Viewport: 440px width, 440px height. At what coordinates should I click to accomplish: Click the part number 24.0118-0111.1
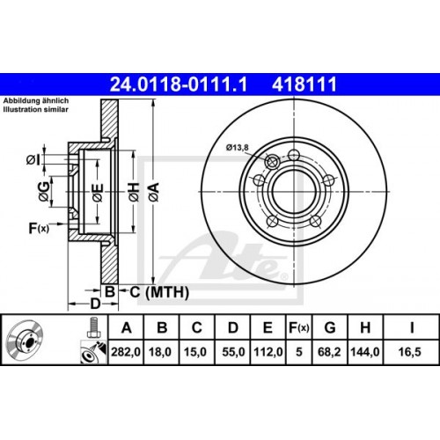click(179, 84)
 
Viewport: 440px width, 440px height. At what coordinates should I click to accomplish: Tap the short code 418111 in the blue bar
click(304, 84)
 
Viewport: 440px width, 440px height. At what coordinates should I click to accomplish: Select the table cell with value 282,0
click(126, 352)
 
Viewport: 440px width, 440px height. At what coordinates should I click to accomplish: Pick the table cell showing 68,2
click(329, 352)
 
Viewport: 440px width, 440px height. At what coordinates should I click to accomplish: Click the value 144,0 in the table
click(365, 352)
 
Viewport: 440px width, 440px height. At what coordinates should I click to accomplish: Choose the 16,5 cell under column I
click(410, 352)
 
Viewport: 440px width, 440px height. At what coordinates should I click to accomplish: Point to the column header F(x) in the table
click(298, 327)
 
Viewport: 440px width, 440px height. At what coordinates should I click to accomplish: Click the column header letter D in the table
click(233, 327)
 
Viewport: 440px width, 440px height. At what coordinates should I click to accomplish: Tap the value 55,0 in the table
click(233, 352)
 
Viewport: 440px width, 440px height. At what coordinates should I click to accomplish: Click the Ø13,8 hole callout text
click(237, 147)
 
